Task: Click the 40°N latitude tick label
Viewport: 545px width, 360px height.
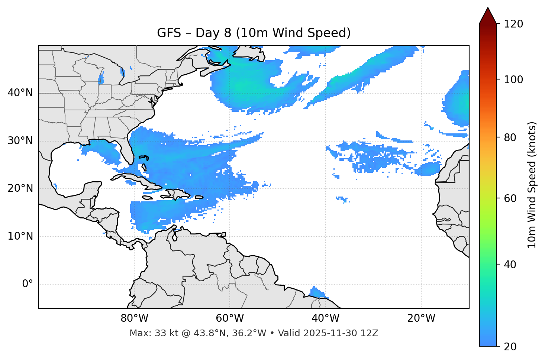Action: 20,93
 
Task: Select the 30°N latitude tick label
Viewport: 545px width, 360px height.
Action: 20,141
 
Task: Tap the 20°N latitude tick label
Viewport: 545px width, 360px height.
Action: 20,188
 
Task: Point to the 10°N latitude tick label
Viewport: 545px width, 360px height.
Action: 20,236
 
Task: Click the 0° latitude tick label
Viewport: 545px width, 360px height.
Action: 28,284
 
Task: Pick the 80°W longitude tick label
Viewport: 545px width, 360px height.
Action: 134,318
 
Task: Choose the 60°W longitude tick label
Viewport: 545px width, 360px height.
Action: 230,318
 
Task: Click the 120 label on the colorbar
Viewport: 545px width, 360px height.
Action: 513,24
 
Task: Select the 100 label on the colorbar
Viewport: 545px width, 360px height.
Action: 513,80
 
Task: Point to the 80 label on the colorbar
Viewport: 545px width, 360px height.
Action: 511,137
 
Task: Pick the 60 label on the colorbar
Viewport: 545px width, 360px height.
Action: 511,198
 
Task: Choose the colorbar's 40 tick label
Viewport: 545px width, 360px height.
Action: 511,265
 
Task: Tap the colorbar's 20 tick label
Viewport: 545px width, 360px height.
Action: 511,347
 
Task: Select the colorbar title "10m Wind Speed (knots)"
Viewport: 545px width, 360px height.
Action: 532,185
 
